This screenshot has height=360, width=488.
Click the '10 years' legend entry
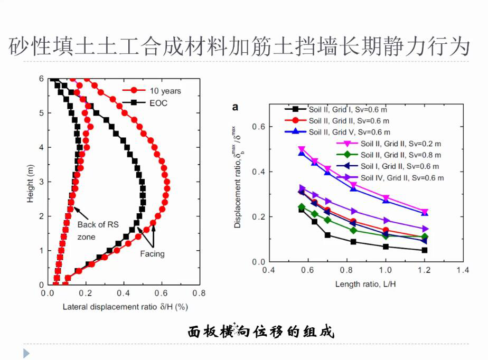pos(164,91)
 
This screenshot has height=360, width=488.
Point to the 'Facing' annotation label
pos(152,254)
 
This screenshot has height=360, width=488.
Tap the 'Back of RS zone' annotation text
pos(98,231)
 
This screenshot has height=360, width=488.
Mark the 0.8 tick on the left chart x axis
pos(199,294)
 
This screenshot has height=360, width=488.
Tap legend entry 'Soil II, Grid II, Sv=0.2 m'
pos(401,144)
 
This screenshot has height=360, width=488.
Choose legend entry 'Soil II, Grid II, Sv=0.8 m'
pos(401,155)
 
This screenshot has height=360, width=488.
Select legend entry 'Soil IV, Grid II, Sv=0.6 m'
pos(402,178)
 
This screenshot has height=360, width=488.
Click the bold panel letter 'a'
pos(236,107)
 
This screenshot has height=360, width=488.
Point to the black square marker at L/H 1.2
pos(425,250)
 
